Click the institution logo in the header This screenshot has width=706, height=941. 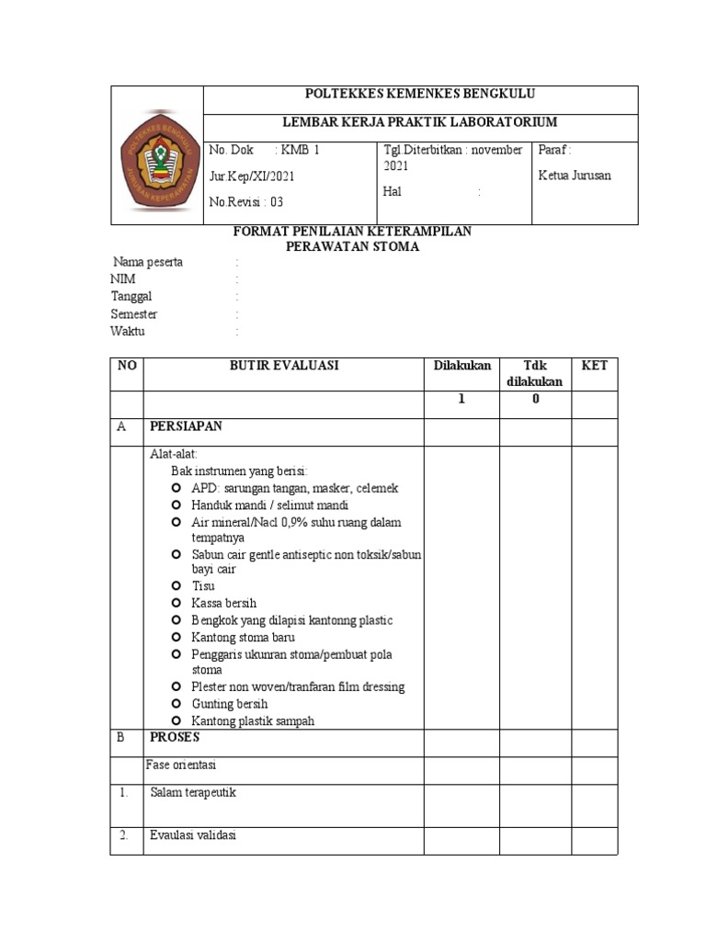tap(157, 155)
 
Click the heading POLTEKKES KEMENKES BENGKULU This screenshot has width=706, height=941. tap(419, 95)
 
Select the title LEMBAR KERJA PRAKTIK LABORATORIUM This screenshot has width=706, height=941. tap(419, 122)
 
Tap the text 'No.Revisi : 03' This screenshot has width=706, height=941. tap(247, 202)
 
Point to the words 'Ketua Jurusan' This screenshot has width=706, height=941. tap(575, 176)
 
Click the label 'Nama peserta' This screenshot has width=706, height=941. tap(147, 262)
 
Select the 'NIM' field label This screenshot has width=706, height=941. tap(122, 279)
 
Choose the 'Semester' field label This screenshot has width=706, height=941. tap(134, 314)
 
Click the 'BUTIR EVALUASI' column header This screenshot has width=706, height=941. tap(284, 365)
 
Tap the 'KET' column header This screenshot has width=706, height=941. tap(594, 365)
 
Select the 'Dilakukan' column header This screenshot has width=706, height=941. tap(462, 365)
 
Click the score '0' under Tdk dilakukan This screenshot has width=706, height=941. tap(535, 400)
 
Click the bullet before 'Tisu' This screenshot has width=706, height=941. tap(176, 585)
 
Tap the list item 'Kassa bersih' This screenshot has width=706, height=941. tap(223, 603)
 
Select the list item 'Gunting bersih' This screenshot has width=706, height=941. tap(229, 704)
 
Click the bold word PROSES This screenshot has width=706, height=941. tap(174, 737)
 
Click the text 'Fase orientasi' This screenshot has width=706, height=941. tap(181, 765)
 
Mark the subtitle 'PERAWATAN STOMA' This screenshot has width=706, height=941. tap(353, 246)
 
